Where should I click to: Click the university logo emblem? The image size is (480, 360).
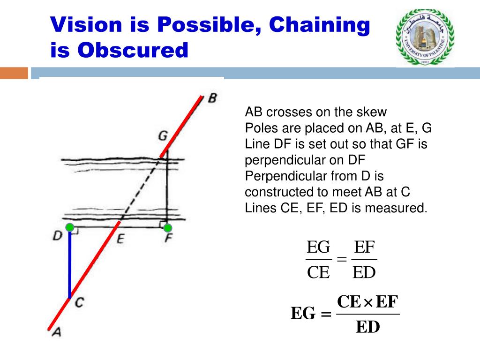tap(425, 37)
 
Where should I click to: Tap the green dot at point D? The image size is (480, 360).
tap(70, 228)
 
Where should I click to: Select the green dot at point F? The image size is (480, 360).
tap(167, 228)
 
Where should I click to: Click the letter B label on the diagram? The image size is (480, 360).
tap(212, 99)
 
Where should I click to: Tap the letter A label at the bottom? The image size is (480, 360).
tap(56, 332)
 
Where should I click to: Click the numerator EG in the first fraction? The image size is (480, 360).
tap(318, 247)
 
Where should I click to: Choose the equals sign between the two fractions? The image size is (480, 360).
tap(341, 259)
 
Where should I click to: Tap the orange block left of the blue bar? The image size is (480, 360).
tap(14, 74)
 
